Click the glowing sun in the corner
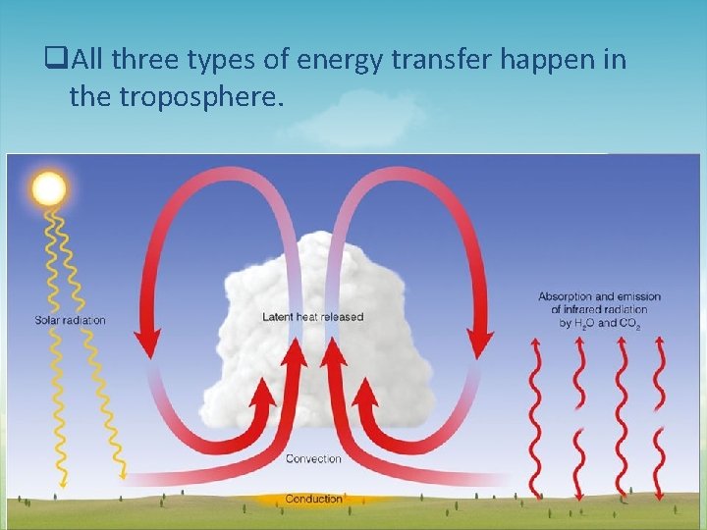pos(48,187)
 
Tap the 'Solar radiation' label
pos(70,320)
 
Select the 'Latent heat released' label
pos(312,317)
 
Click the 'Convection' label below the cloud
pos(313,458)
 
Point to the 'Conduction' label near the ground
pos(313,499)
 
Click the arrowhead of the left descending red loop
pos(146,344)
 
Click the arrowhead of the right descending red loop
pos(480,344)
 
